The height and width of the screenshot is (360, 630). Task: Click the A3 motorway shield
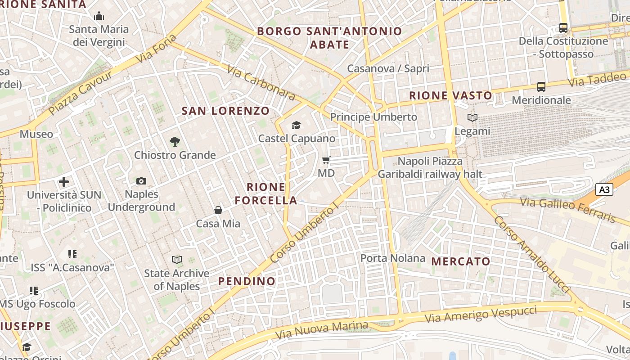tap(604, 189)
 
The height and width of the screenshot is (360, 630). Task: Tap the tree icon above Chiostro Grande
tap(175, 142)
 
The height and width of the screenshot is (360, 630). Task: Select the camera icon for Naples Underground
tap(141, 181)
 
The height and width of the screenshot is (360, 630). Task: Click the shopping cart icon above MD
tap(326, 160)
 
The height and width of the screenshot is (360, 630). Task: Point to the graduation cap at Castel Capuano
tap(296, 125)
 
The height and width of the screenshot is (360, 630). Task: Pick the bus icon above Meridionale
tap(541, 87)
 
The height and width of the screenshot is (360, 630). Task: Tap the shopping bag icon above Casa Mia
tap(218, 210)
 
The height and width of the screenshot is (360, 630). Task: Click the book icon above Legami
tap(472, 118)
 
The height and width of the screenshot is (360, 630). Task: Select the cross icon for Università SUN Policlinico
tap(64, 182)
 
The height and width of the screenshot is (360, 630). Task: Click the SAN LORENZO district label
tap(225, 111)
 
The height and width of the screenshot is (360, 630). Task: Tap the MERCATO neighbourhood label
tap(461, 261)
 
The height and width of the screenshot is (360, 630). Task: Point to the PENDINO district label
tap(247, 281)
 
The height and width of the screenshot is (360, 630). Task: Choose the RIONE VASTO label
tap(450, 95)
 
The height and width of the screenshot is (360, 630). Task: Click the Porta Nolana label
tap(393, 258)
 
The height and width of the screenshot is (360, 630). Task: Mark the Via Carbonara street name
tap(261, 83)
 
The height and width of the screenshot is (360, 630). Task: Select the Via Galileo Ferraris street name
tap(568, 210)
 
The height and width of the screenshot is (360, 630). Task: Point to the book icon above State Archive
tap(177, 260)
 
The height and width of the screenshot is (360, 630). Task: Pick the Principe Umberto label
tap(373, 117)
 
